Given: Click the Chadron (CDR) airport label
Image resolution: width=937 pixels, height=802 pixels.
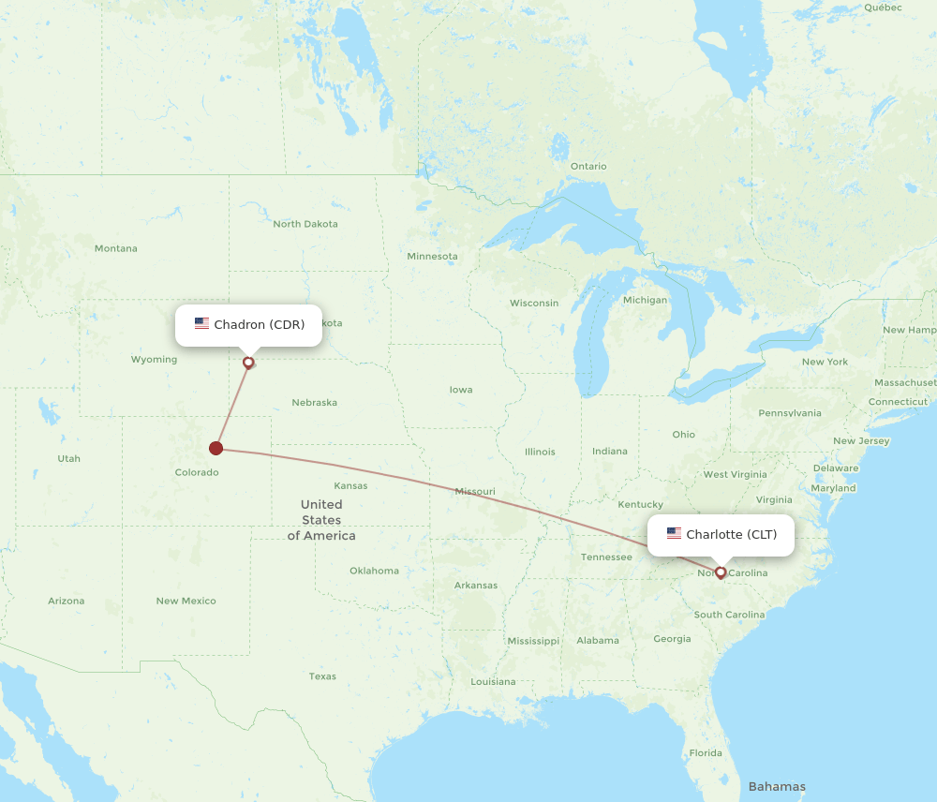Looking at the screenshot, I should pos(248,325).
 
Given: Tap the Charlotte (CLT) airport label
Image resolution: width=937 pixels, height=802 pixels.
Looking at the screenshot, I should pos(721,535).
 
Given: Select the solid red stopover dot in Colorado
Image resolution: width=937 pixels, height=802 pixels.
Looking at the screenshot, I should pos(216,448).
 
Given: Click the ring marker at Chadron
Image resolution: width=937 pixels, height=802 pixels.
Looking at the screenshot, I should pos(248,363).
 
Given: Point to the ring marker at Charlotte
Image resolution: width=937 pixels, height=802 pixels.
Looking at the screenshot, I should pos(721,572).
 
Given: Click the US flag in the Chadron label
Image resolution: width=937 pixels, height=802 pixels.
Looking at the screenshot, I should pos(202,324).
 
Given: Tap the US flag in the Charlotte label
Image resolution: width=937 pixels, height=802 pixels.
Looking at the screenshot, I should pos(675,534).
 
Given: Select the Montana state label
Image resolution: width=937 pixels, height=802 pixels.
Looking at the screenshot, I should pos(116,248).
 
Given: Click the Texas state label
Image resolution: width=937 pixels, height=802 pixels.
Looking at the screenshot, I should pos(322,676).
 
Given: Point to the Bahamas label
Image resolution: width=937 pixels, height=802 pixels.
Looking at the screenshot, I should pos(777,786).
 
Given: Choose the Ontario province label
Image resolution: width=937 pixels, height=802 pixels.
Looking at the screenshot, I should pos(588,167).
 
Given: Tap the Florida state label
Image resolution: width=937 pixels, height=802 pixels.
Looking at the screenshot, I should pos(706,753).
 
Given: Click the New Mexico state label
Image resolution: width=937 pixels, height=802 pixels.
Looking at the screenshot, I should pos(186,601).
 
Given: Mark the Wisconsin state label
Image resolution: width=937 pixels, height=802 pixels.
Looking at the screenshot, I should pos(534,304).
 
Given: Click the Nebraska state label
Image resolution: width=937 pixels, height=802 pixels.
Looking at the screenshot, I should pos(314,403).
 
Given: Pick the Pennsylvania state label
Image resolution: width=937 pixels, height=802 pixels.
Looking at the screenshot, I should pos(790,413).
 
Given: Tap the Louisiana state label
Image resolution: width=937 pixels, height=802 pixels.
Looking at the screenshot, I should pos(493,682).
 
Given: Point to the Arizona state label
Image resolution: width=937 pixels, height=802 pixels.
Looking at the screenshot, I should pos(67,601).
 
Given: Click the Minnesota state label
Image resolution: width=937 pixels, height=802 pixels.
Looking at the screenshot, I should pos(432,257).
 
